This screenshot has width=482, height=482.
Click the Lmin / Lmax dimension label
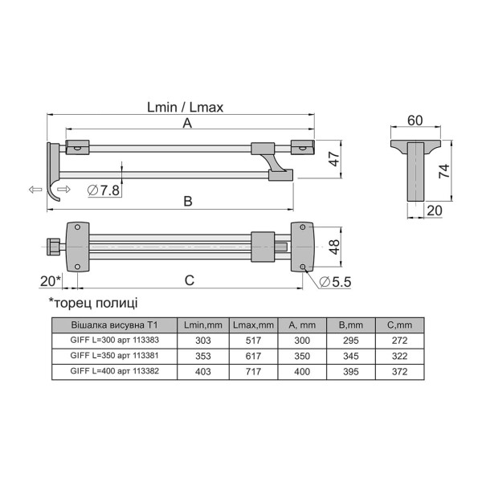(185, 108)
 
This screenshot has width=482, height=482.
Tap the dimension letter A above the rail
(187, 123)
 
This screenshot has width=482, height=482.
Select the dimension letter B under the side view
(188, 202)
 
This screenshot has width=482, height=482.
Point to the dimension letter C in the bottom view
(190, 280)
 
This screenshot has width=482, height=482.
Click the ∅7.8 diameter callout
(104, 190)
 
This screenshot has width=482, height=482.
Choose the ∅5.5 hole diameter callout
(335, 282)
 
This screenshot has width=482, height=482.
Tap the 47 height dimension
(334, 158)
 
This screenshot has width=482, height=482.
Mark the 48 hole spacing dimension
(334, 247)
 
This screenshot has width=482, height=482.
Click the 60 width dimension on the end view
(415, 120)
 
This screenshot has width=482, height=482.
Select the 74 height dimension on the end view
(444, 171)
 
